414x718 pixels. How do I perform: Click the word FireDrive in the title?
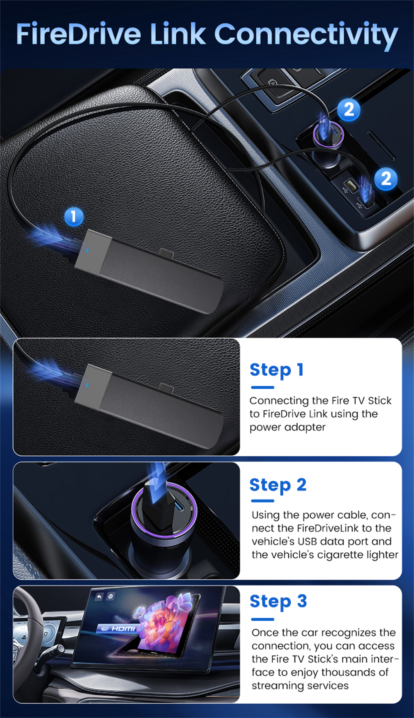(78, 34)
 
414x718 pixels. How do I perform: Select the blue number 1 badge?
(74, 216)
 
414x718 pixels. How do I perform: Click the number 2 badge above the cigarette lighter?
(349, 110)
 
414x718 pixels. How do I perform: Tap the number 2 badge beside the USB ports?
(386, 179)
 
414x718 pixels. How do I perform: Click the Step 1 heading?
(277, 370)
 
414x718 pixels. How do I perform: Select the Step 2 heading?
(278, 485)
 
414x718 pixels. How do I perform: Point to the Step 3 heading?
(278, 602)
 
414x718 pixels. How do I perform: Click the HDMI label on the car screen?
(123, 629)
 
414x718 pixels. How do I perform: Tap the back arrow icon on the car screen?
(99, 597)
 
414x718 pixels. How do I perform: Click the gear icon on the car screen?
(111, 597)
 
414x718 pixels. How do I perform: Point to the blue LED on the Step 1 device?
(88, 385)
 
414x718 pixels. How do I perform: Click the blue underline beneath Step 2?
(262, 501)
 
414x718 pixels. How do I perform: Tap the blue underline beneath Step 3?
(262, 619)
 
